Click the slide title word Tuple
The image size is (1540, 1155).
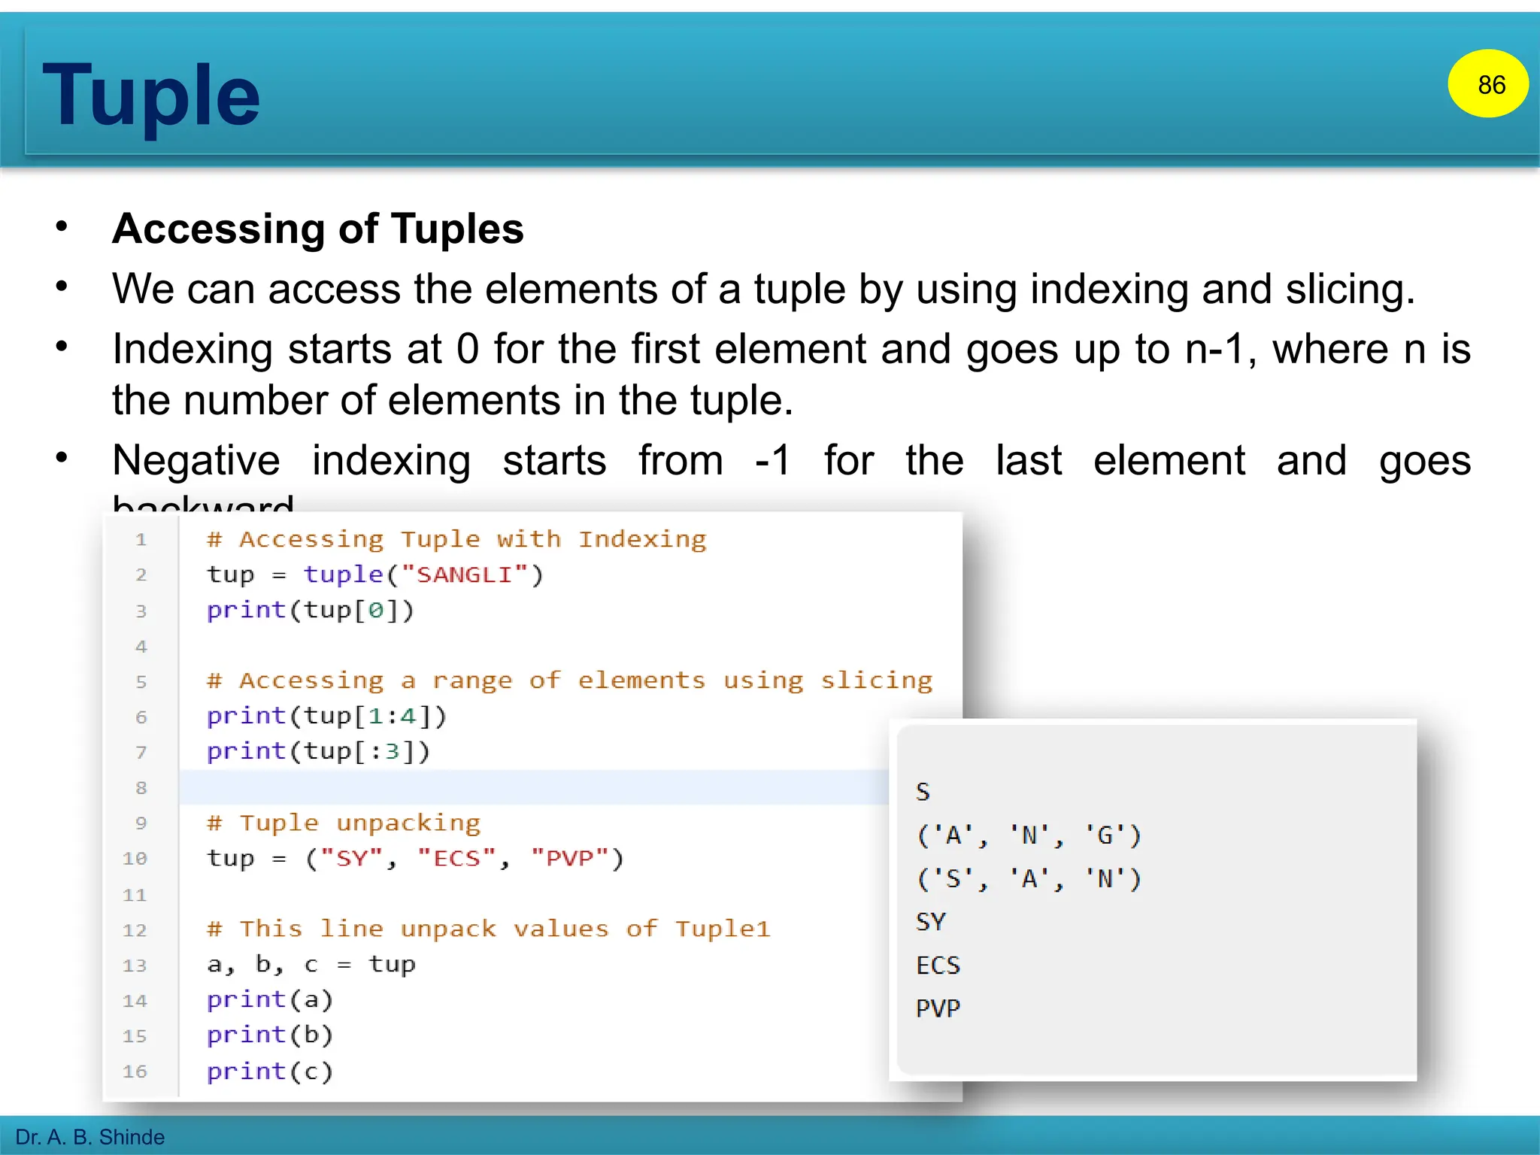point(151,95)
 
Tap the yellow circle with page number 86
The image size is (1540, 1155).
point(1489,84)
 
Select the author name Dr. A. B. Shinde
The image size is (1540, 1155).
point(90,1137)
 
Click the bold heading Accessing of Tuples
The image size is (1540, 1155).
point(317,229)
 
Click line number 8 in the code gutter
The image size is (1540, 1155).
point(141,788)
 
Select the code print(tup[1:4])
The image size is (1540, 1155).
point(326,716)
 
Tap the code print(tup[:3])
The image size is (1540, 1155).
point(318,751)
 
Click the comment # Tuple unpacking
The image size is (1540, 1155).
point(344,823)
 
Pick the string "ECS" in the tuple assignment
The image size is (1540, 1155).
point(456,858)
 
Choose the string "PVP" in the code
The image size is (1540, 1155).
point(569,858)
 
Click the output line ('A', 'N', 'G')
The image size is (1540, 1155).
point(1029,835)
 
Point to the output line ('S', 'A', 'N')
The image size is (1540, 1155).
point(1029,879)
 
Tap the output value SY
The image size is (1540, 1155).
point(931,922)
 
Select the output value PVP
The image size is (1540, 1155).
point(938,1008)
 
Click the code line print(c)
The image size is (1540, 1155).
point(269,1072)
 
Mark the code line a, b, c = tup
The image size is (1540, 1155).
point(311,965)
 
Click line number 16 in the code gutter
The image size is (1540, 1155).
point(135,1072)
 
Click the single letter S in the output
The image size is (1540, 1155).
point(923,792)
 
